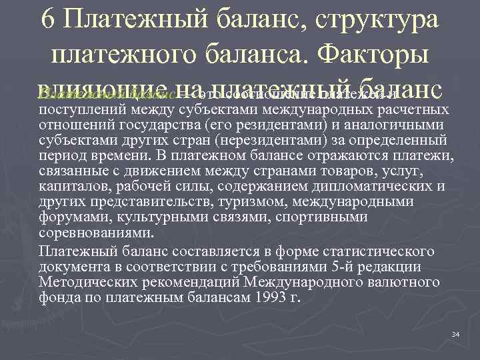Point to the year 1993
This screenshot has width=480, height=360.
tap(268, 297)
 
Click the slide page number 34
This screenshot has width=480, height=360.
tap(455, 333)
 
